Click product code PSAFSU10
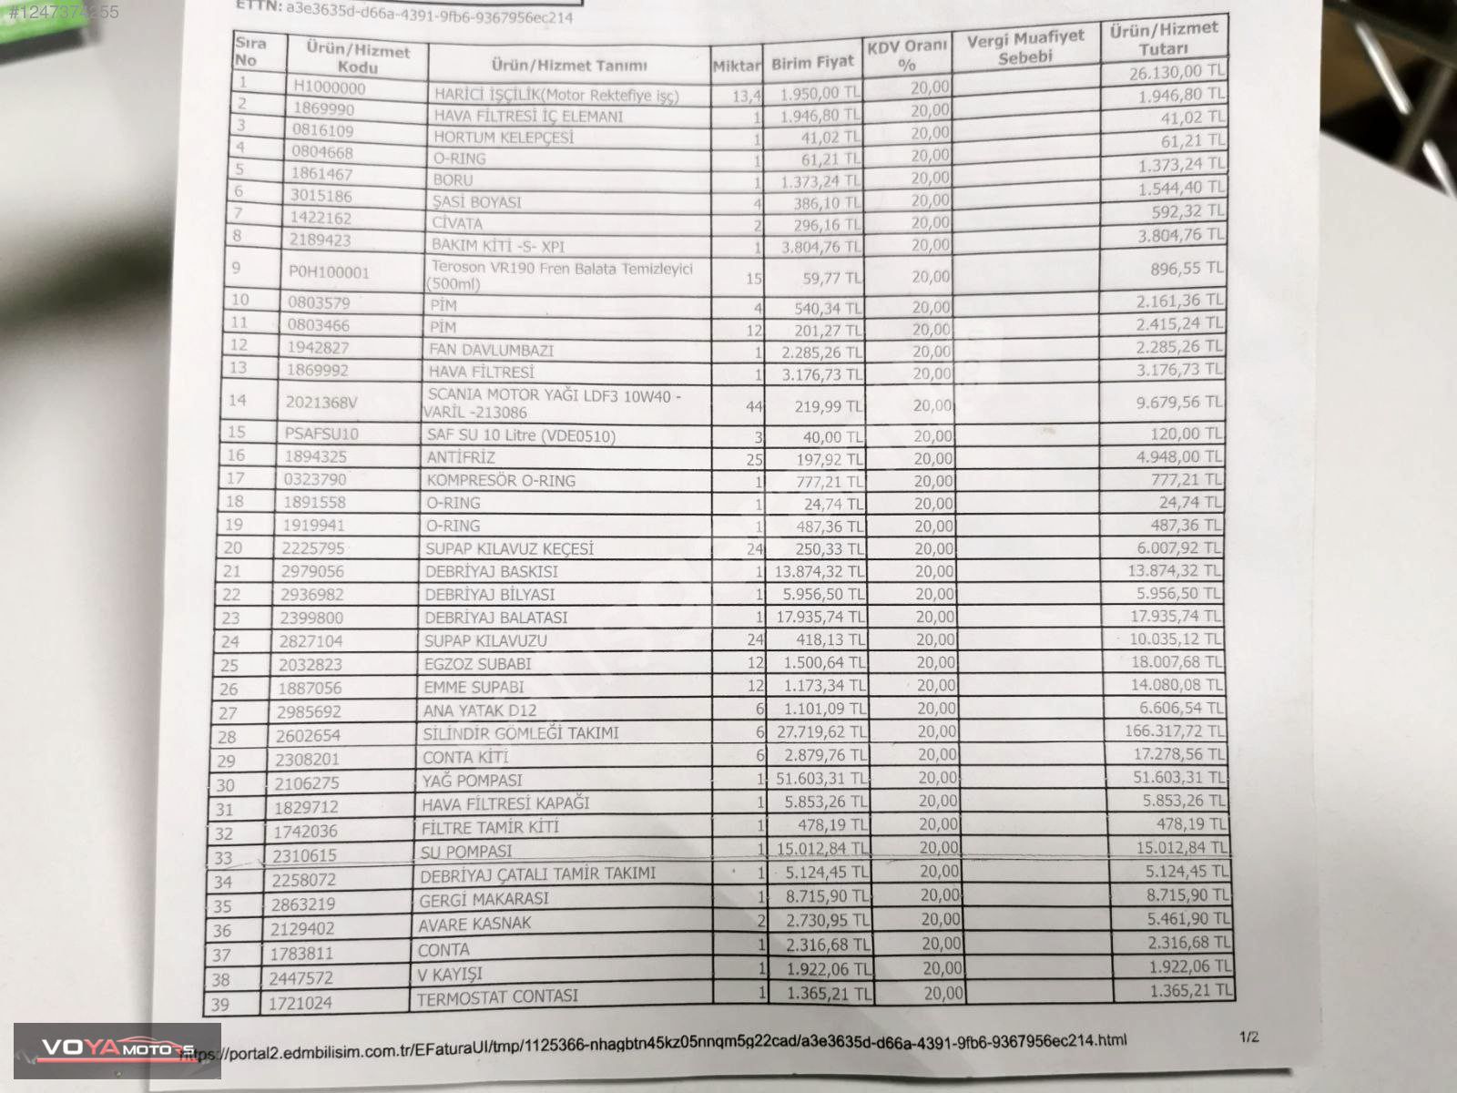(x=321, y=434)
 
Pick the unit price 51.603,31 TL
(x=820, y=779)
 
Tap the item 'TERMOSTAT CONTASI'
(x=497, y=997)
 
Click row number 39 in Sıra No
(x=221, y=1005)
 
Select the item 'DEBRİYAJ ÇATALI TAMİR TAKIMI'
(x=537, y=874)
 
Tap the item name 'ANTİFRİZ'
(x=461, y=458)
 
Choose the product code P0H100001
(x=329, y=272)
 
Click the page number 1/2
(x=1248, y=1037)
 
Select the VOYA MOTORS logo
(x=117, y=1050)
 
